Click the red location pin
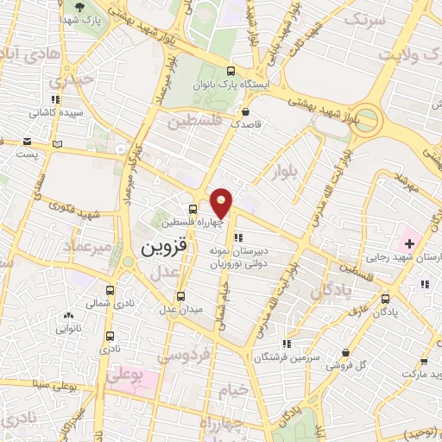tap(222, 202)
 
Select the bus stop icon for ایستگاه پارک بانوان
tap(229, 72)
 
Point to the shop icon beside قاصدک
tap(246, 111)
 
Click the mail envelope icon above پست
tap(28, 141)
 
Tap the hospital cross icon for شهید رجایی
tap(410, 244)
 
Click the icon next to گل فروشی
tap(345, 352)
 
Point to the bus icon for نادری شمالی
tap(109, 290)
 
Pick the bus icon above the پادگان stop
tap(384, 299)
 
